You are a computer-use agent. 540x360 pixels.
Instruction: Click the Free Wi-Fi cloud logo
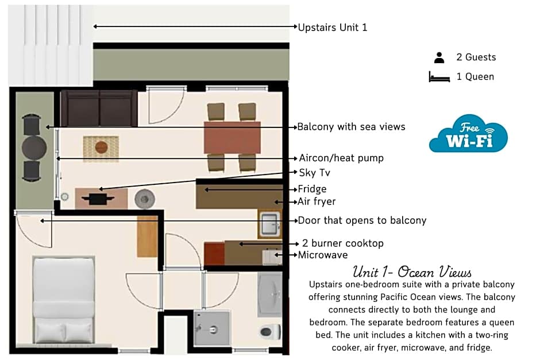pyautogui.click(x=468, y=134)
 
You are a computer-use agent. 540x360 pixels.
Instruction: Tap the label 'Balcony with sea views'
pyautogui.click(x=351, y=127)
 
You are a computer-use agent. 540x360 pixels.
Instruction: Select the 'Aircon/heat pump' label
pyautogui.click(x=341, y=158)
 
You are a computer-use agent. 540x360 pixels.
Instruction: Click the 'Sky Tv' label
pyautogui.click(x=314, y=172)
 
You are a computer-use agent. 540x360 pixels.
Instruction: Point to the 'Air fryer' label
pyautogui.click(x=317, y=202)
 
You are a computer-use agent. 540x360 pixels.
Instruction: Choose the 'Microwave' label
pyautogui.click(x=323, y=255)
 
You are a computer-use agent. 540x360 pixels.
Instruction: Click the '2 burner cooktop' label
pyautogui.click(x=342, y=243)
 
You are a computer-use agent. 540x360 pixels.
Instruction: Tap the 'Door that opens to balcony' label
pyautogui.click(x=362, y=220)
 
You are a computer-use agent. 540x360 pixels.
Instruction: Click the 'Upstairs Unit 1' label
pyautogui.click(x=333, y=27)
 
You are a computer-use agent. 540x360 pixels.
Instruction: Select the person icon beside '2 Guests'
pyautogui.click(x=439, y=57)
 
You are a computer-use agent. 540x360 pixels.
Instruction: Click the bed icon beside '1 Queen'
pyautogui.click(x=439, y=77)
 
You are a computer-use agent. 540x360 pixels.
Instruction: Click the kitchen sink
pyautogui.click(x=270, y=224)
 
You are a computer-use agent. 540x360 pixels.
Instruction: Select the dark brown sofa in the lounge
pyautogui.click(x=99, y=108)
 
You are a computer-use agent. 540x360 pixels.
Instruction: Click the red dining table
pyautogui.click(x=232, y=137)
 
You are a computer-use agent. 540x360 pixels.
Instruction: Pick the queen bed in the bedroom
pyautogui.click(x=64, y=300)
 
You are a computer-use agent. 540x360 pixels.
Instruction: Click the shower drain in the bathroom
pyautogui.click(x=213, y=330)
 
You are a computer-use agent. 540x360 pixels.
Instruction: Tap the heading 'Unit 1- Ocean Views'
pyautogui.click(x=412, y=272)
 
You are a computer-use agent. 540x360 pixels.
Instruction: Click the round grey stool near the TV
pyautogui.click(x=145, y=199)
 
